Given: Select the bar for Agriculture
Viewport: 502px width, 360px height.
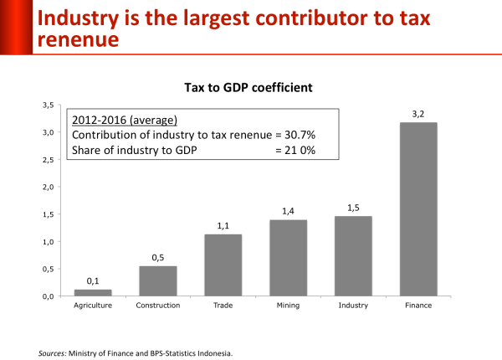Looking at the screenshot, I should pyautogui.click(x=93, y=292).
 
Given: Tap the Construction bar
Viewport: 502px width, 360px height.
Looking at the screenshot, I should pyautogui.click(x=158, y=280).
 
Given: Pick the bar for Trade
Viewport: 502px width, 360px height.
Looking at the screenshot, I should pyautogui.click(x=223, y=265).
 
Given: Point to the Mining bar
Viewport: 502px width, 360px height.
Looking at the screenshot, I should pyautogui.click(x=288, y=258).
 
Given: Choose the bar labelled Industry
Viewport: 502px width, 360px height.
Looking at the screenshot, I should pyautogui.click(x=353, y=256).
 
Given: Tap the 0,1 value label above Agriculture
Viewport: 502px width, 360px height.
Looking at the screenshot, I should pyautogui.click(x=93, y=282).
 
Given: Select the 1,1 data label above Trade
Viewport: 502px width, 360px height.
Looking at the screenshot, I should pyautogui.click(x=223, y=226).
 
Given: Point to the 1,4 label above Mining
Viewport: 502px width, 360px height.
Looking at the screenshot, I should pyautogui.click(x=288, y=213).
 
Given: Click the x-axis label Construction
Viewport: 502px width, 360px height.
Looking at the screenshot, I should pyautogui.click(x=157, y=306).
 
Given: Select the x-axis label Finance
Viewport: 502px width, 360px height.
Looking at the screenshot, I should pyautogui.click(x=418, y=306).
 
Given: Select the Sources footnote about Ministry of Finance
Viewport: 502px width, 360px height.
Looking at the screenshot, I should pyautogui.click(x=135, y=352).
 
